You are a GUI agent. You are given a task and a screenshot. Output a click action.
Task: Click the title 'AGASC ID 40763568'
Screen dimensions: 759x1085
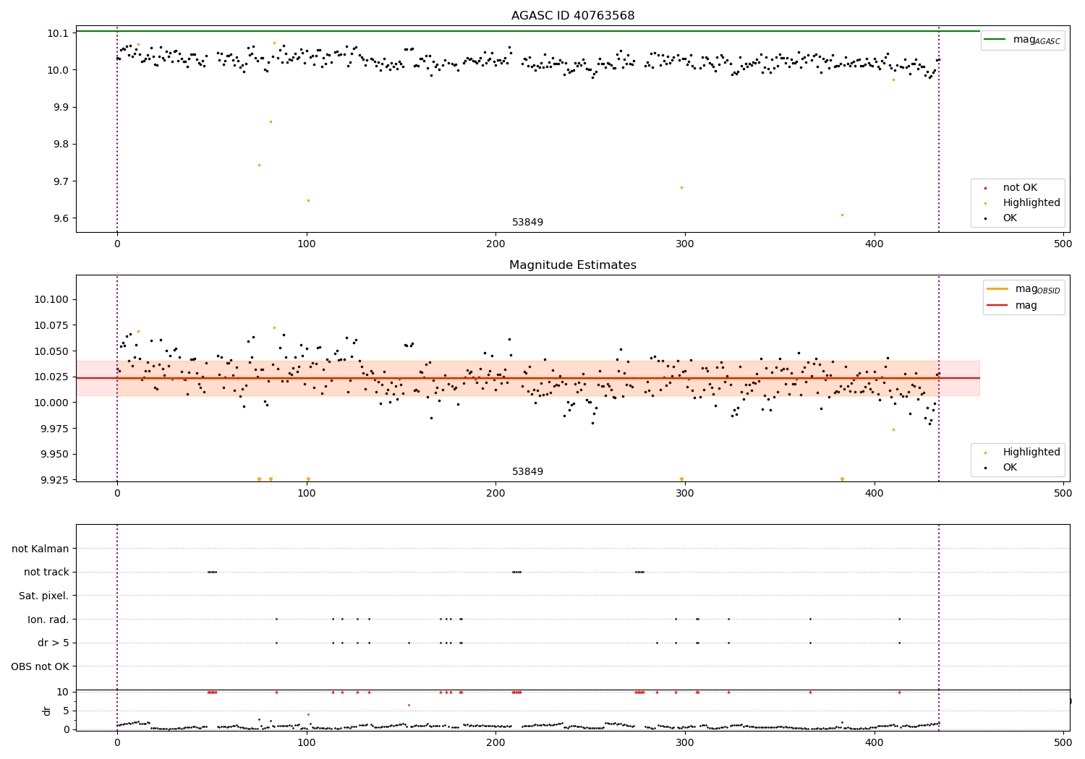point(572,16)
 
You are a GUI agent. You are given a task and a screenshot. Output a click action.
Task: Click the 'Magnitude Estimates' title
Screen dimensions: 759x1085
point(572,265)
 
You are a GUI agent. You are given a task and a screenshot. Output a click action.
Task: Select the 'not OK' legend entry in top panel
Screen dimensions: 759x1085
point(1019,188)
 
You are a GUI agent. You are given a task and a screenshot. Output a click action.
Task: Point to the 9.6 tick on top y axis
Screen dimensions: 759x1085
point(57,218)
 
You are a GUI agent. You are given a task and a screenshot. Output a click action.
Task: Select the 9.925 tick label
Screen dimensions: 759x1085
point(51,480)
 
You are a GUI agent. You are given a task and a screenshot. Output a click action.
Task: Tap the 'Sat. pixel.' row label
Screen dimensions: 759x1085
point(44,596)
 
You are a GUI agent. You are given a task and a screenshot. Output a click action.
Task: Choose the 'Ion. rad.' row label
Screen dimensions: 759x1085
point(48,619)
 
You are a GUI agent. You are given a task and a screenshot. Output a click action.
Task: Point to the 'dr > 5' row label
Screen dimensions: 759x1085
point(54,643)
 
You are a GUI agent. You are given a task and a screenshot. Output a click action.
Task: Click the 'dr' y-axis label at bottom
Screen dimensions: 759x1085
point(47,711)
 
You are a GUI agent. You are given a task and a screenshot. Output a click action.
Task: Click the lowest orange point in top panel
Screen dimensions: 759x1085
point(842,215)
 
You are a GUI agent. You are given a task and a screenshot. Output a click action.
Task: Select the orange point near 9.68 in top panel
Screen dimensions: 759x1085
point(681,187)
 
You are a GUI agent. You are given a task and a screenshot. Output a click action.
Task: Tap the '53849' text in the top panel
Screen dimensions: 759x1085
point(527,223)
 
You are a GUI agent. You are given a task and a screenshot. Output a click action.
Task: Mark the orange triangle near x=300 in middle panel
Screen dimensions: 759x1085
point(681,479)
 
